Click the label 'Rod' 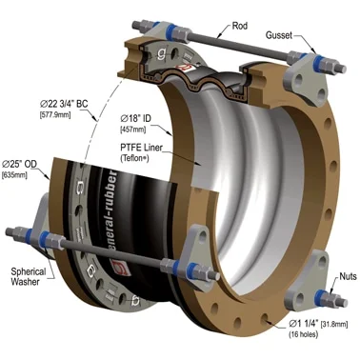tap(240, 26)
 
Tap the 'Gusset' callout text tap(278, 35)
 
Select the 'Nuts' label tap(348, 276)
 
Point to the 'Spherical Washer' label tap(29, 276)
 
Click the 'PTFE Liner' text tap(141, 148)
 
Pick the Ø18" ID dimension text tap(135, 118)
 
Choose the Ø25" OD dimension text tap(19, 164)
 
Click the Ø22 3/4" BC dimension tap(64, 104)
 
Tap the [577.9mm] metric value tap(55, 114)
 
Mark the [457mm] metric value tap(132, 130)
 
